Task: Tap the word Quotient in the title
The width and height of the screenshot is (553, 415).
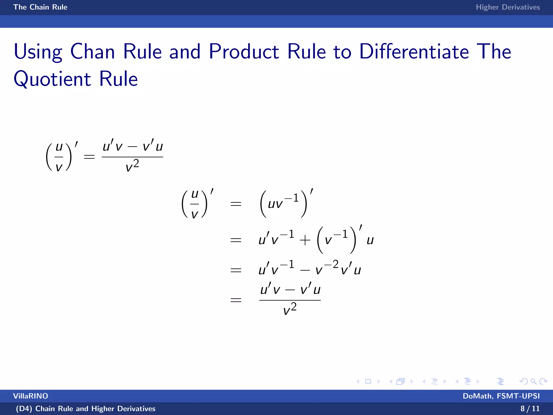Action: click(52, 79)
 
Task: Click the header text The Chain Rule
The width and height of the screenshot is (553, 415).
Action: click(40, 7)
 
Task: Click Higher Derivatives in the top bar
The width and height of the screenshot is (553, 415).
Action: click(508, 7)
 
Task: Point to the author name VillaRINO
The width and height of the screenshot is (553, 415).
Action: click(31, 396)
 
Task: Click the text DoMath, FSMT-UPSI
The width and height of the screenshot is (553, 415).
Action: click(501, 396)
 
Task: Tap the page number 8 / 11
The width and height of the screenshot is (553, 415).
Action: click(530, 409)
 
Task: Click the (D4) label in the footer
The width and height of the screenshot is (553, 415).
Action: click(24, 409)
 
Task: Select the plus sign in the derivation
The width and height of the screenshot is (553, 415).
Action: click(305, 240)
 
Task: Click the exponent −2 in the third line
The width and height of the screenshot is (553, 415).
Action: click(331, 264)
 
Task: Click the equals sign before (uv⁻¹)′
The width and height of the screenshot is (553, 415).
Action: click(236, 204)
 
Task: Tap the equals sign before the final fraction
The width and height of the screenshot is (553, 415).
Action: click(236, 300)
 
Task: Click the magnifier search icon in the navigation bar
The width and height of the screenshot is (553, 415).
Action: click(533, 381)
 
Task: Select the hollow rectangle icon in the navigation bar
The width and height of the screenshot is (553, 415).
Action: click(368, 381)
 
